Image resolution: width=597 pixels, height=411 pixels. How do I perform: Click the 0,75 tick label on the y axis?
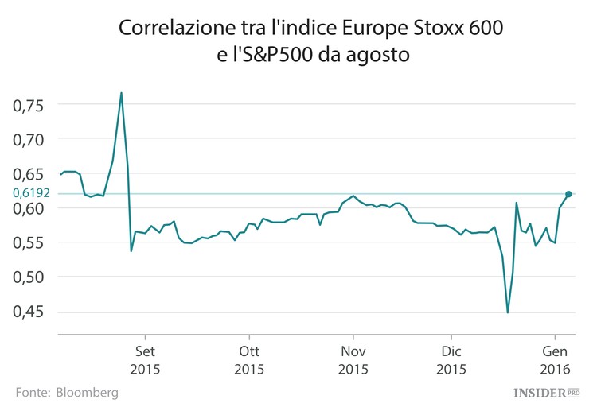pos(30,105)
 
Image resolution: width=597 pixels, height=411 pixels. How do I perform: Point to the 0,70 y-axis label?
pos(30,139)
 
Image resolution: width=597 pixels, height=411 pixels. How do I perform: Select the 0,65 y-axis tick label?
pos(30,173)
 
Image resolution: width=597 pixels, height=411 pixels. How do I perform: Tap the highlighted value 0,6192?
pos(32,193)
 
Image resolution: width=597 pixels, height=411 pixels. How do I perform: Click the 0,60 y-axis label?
pos(30,208)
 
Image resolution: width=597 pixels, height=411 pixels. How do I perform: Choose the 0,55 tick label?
pos(30,242)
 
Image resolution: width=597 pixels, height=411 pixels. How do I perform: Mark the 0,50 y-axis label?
pos(30,277)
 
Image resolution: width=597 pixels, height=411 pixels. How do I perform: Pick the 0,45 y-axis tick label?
pos(30,312)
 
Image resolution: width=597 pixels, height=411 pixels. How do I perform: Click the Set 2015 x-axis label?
pos(146,359)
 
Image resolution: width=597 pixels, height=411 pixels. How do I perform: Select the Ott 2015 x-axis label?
pos(249,359)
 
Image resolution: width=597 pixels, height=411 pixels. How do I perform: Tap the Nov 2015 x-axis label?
pos(353,359)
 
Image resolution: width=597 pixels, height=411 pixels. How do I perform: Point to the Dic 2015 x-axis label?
pos(451,359)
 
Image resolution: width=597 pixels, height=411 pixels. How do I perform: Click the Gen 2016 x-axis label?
pos(555,359)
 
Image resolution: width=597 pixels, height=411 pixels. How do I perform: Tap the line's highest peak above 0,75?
pos(121,93)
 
